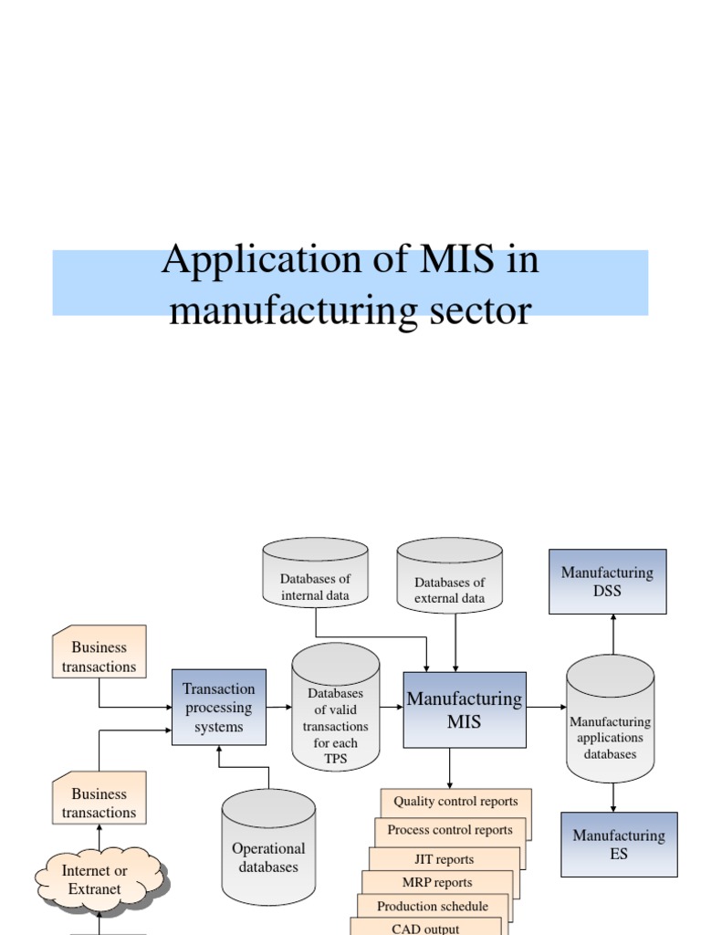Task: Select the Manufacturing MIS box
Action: (x=465, y=709)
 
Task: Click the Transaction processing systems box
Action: (x=219, y=707)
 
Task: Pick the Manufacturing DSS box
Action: (x=607, y=582)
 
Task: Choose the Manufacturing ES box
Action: (x=619, y=845)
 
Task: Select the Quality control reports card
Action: (x=455, y=802)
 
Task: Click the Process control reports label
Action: (x=450, y=830)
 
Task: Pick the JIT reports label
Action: (x=445, y=859)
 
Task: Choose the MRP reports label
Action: (x=437, y=882)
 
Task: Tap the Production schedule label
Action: (x=433, y=906)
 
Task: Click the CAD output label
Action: (x=425, y=928)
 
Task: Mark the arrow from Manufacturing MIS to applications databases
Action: (x=546, y=707)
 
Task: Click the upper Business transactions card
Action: (x=99, y=657)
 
